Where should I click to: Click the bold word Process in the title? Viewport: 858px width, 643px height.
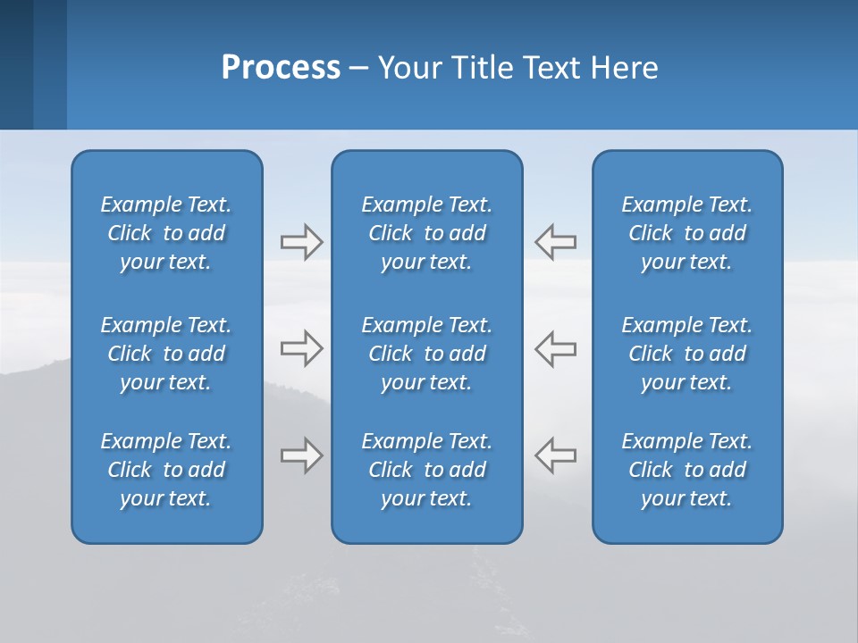click(281, 68)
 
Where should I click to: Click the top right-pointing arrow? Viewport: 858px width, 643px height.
click(301, 242)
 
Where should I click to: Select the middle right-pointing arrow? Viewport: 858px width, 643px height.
click(301, 347)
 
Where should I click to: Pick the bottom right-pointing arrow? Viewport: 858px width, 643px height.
click(301, 455)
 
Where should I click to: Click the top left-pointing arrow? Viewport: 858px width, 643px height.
click(556, 242)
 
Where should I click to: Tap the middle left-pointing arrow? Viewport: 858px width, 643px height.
click(556, 347)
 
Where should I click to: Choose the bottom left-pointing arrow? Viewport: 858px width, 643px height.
click(556, 455)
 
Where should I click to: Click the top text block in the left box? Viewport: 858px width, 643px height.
click(166, 233)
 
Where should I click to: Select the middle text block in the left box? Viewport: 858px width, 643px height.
click(166, 354)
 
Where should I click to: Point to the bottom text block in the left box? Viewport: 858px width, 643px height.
click(166, 470)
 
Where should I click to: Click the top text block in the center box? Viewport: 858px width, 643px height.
click(427, 233)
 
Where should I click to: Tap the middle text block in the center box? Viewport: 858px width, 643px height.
click(427, 354)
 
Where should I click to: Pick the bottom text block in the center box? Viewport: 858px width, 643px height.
click(427, 470)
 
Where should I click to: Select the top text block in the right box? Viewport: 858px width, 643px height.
click(687, 233)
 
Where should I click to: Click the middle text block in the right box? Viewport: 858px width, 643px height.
click(687, 354)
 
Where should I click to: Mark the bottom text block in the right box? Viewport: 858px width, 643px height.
click(687, 470)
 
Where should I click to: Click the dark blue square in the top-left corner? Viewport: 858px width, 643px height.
click(16, 64)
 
